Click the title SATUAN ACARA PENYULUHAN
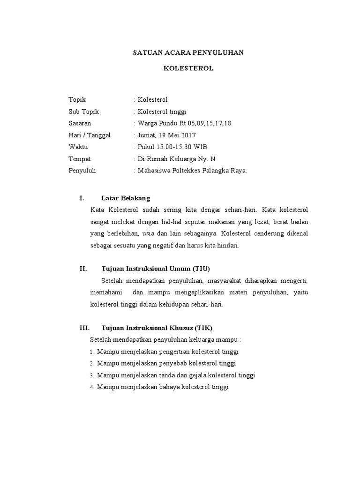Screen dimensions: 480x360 coord(188,52)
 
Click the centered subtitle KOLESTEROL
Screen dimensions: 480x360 coord(188,68)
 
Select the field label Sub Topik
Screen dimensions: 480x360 coord(84,112)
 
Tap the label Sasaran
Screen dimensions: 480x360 coord(80,123)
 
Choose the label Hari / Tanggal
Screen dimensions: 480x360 coord(90,135)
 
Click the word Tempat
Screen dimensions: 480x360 coord(80,158)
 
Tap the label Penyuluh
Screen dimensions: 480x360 coord(82,171)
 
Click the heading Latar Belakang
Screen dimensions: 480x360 coord(126,198)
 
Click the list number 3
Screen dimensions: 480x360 coord(92,376)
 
